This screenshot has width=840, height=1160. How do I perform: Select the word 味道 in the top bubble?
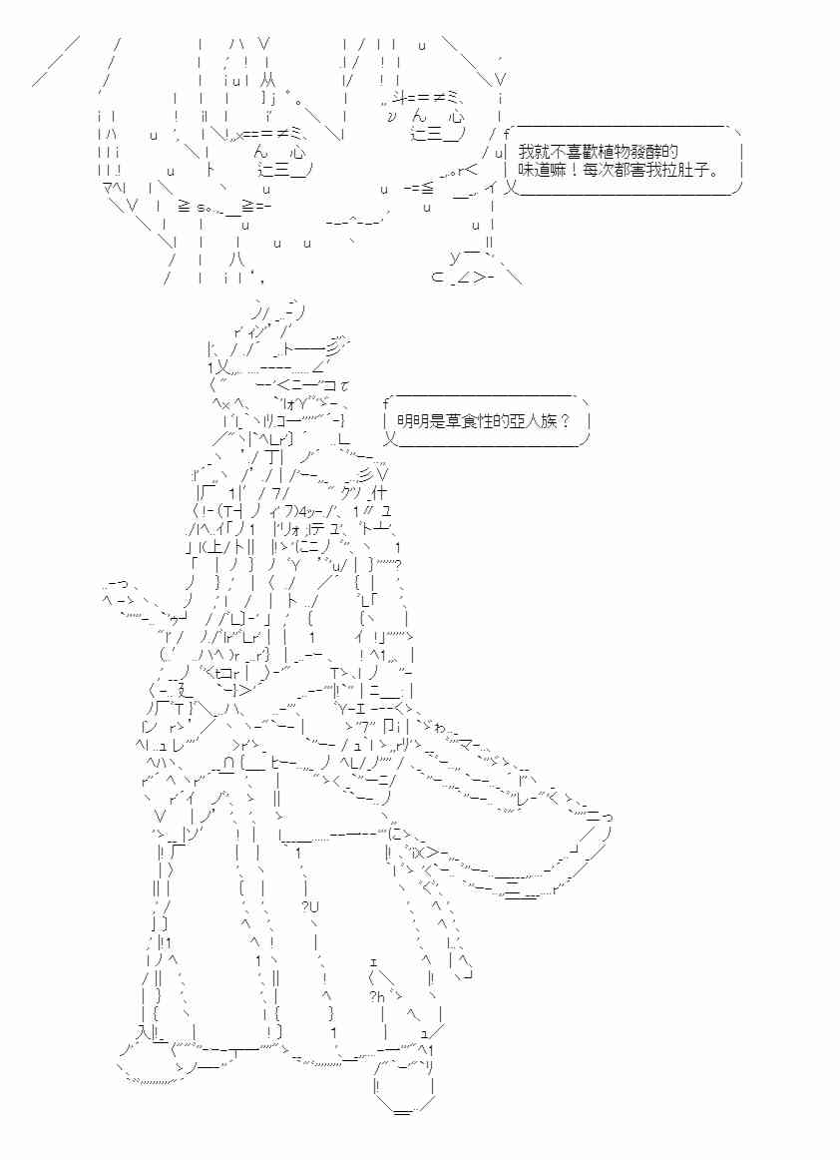[x=533, y=170]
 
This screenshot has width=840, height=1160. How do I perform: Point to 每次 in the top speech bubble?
[x=591, y=170]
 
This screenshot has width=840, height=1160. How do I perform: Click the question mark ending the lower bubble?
[x=566, y=421]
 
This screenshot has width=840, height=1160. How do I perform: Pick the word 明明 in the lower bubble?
[x=412, y=421]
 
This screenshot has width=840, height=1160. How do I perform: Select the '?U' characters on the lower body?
[x=310, y=907]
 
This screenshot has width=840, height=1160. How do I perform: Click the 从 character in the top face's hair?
[x=269, y=80]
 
